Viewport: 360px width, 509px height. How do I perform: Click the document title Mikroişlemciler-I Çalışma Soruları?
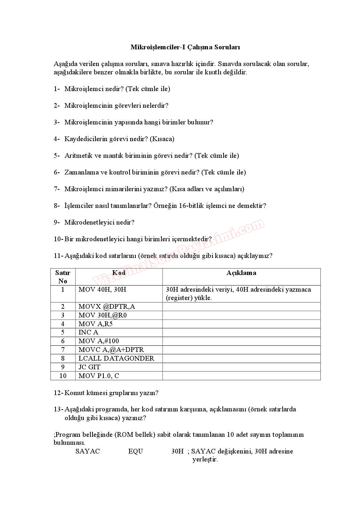pyautogui.click(x=185, y=47)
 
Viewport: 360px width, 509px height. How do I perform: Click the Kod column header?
pyautogui.click(x=119, y=273)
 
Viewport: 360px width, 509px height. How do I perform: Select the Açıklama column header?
pyautogui.click(x=241, y=273)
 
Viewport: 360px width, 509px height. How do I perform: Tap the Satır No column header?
pyautogui.click(x=63, y=276)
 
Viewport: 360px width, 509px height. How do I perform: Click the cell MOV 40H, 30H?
pyautogui.click(x=102, y=290)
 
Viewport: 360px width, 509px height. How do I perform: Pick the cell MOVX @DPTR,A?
pyautogui.click(x=107, y=307)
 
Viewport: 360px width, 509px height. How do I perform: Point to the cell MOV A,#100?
pyautogui.click(x=99, y=341)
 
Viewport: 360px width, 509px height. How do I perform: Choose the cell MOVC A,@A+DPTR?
pyautogui.click(x=111, y=350)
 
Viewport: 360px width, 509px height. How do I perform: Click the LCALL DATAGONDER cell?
pyautogui.click(x=116, y=358)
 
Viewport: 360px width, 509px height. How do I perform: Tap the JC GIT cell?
pyautogui.click(x=89, y=367)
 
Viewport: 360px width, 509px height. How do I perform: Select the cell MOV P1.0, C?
pyautogui.click(x=99, y=376)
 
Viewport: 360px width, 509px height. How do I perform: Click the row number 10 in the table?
pyautogui.click(x=63, y=376)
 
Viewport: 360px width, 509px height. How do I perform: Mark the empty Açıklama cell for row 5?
pyautogui.click(x=241, y=332)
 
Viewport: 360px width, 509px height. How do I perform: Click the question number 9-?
pyautogui.click(x=57, y=222)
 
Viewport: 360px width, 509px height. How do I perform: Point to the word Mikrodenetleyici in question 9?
pyautogui.click(x=87, y=222)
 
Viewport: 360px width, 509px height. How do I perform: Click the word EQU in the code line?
pyautogui.click(x=135, y=451)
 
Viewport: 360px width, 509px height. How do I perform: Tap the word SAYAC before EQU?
pyautogui.click(x=87, y=451)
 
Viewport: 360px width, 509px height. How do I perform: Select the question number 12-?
pyautogui.click(x=58, y=393)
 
